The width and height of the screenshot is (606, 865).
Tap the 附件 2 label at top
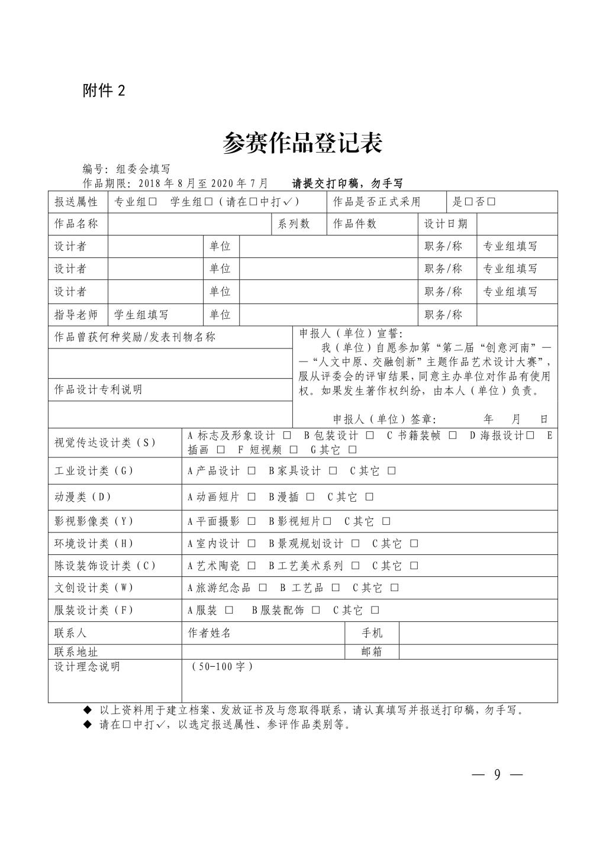[x=104, y=91]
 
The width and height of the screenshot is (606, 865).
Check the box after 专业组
[x=152, y=202]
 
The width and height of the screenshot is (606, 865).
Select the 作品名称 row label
[x=76, y=224]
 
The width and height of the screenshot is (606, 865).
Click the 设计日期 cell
[x=446, y=224]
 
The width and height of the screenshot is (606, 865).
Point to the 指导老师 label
[x=76, y=314]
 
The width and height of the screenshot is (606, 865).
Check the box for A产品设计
[x=252, y=471]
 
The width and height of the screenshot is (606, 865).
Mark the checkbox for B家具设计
[x=333, y=471]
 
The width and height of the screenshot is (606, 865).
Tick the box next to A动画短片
[x=252, y=497]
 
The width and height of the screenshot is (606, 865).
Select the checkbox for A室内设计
[x=252, y=543]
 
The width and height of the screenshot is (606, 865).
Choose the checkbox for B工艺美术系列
[x=355, y=566]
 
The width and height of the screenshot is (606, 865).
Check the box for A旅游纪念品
[x=263, y=588]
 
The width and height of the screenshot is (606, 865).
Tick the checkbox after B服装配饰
[x=316, y=610]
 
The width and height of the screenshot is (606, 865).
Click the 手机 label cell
[x=372, y=632]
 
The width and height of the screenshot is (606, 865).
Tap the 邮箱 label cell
[x=372, y=651]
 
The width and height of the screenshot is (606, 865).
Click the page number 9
[x=497, y=774]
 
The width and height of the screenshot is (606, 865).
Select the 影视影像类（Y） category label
[x=94, y=521]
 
